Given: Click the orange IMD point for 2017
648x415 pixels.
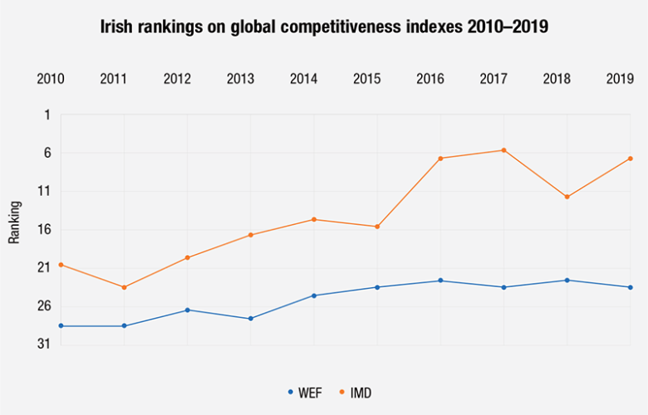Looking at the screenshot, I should tap(503, 150).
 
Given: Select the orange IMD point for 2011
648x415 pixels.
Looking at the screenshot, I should tap(125, 287).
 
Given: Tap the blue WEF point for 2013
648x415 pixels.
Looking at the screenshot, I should tap(251, 319).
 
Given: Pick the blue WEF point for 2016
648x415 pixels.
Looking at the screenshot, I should tap(440, 281).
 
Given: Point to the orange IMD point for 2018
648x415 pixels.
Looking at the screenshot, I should tap(567, 197).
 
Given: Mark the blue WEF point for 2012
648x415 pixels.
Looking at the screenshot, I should tap(188, 310).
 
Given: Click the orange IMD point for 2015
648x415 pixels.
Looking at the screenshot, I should tap(377, 227).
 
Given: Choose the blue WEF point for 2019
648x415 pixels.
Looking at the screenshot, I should tap(631, 287).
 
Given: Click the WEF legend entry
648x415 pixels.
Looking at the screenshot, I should tap(304, 392).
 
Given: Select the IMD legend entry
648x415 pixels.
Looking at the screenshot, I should tap(356, 392).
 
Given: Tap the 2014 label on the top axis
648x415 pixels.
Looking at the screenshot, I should tap(303, 80).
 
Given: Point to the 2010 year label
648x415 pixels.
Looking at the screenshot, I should tap(51, 80).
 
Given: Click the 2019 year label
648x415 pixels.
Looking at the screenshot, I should tap(620, 80).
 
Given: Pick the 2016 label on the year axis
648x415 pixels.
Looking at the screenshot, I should tap(430, 80).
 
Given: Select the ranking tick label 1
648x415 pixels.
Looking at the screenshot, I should tap(47, 115).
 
